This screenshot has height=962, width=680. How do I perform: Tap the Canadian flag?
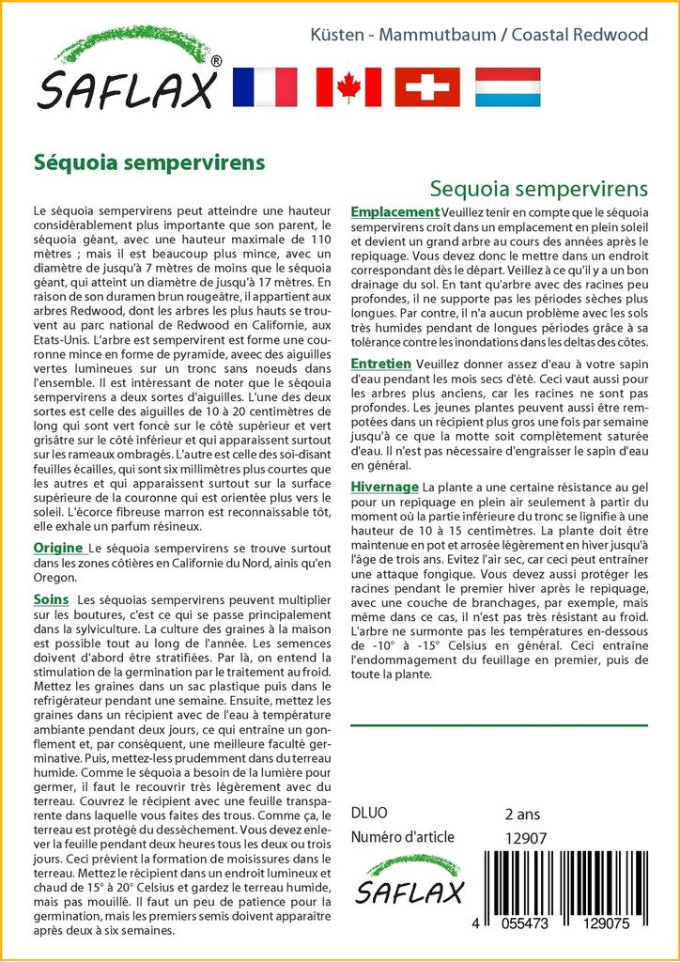348,86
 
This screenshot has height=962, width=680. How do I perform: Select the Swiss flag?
427,86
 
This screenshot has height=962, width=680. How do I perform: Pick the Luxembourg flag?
507,86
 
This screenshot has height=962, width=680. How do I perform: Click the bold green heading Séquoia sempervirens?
149,162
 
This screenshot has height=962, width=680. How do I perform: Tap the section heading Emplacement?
394,212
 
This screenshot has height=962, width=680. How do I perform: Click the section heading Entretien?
380,364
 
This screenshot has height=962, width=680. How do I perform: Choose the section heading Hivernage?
384,487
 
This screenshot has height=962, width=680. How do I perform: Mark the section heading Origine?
58,548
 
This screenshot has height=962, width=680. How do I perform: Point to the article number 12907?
526,838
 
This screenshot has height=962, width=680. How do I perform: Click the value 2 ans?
522,815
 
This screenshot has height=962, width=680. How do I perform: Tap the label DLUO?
369,814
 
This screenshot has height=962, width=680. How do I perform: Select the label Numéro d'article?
402,837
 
